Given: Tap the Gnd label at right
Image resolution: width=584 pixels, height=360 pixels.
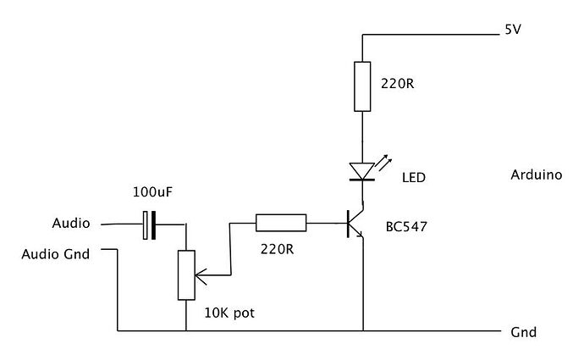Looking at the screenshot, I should point(523,332).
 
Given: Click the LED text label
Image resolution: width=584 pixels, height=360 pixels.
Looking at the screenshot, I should point(415,179).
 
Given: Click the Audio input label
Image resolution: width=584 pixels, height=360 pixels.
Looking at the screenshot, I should point(70,224).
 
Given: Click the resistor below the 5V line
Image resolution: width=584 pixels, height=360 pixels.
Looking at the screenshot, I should point(362,86).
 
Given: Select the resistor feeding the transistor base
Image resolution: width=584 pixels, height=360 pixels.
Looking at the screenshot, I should point(281,224).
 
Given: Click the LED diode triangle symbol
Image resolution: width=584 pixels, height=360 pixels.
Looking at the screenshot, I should point(362,171).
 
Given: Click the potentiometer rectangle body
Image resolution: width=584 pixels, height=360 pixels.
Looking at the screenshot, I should point(186,275).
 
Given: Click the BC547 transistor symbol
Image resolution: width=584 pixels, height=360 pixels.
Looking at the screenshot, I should point(354,224).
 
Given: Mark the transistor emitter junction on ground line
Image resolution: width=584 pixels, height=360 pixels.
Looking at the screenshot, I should point(362,330).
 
